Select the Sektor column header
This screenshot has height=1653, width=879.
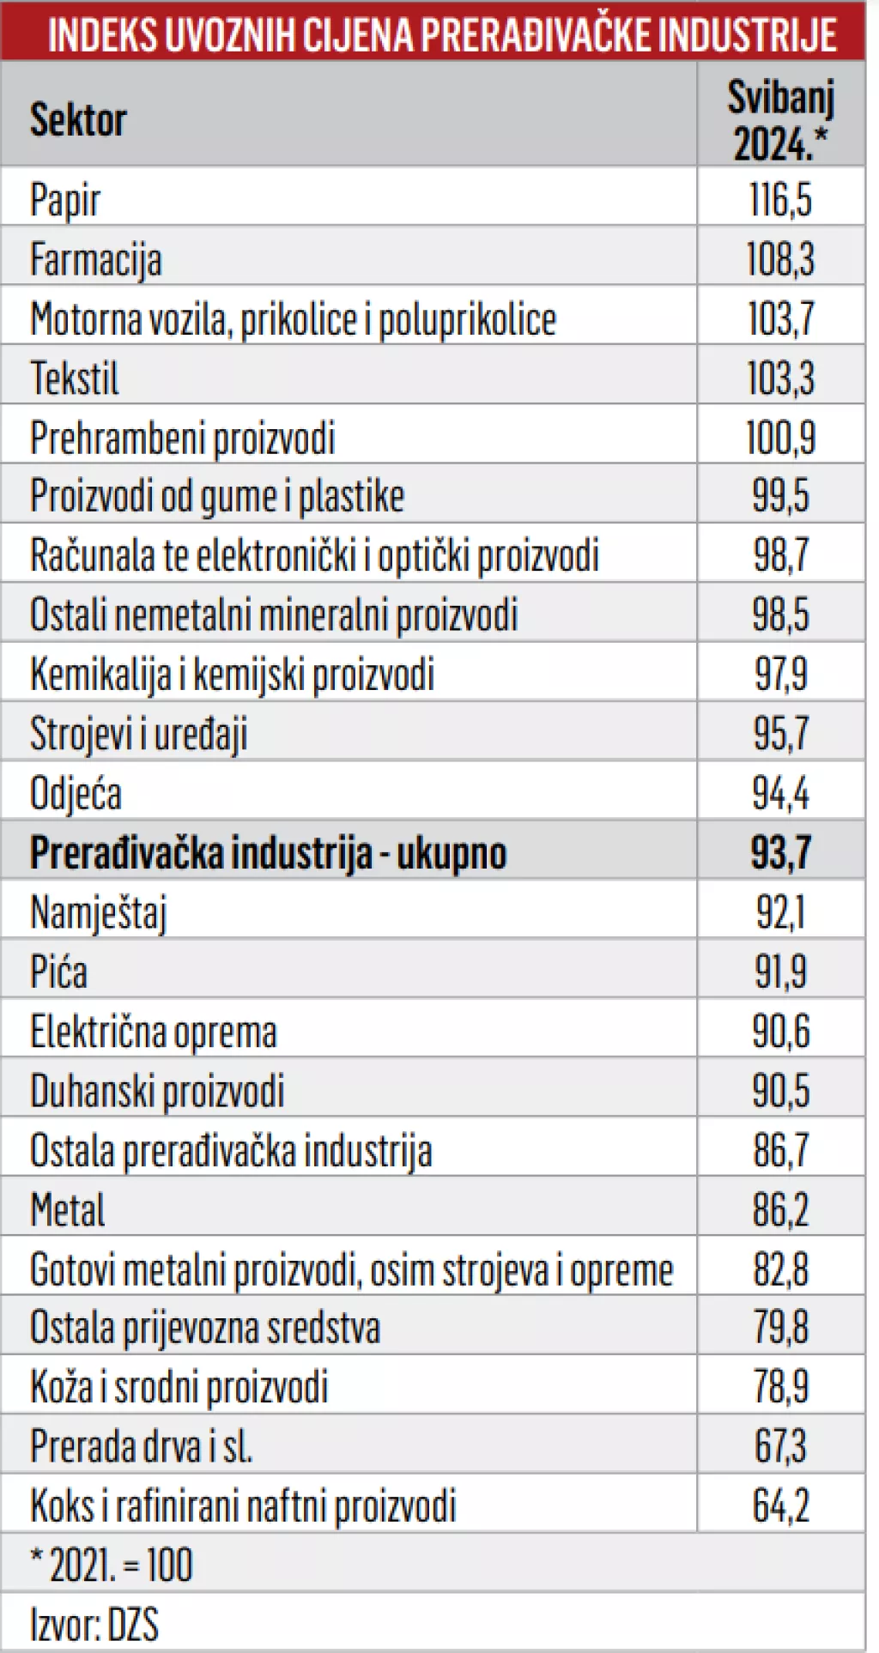pyautogui.click(x=78, y=119)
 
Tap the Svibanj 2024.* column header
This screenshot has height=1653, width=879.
pyautogui.click(x=780, y=119)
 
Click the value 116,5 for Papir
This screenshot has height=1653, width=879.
pyautogui.click(x=780, y=199)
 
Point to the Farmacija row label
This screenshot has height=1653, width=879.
pyautogui.click(x=95, y=259)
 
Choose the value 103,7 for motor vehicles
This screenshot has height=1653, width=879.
pyautogui.click(x=780, y=318)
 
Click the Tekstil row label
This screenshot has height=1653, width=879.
pyautogui.click(x=75, y=378)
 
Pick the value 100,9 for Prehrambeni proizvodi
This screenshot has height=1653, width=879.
pyautogui.click(x=780, y=438)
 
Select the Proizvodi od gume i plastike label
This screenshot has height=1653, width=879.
pyautogui.click(x=216, y=496)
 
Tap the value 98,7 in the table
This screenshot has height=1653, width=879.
pyautogui.click(x=780, y=555)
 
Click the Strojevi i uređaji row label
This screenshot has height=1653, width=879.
pyautogui.click(x=138, y=734)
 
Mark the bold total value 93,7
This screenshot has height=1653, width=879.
pyautogui.click(x=780, y=852)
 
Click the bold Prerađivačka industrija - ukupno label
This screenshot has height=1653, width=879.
pyautogui.click(x=268, y=852)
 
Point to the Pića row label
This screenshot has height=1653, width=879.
pyautogui.click(x=58, y=972)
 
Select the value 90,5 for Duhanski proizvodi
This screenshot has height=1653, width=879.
pyautogui.click(x=780, y=1091)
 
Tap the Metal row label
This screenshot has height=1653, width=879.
pyautogui.click(x=67, y=1210)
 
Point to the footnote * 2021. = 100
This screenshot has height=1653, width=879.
pyautogui.click(x=112, y=1565)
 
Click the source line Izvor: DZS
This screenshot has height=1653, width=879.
pyautogui.click(x=94, y=1624)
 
